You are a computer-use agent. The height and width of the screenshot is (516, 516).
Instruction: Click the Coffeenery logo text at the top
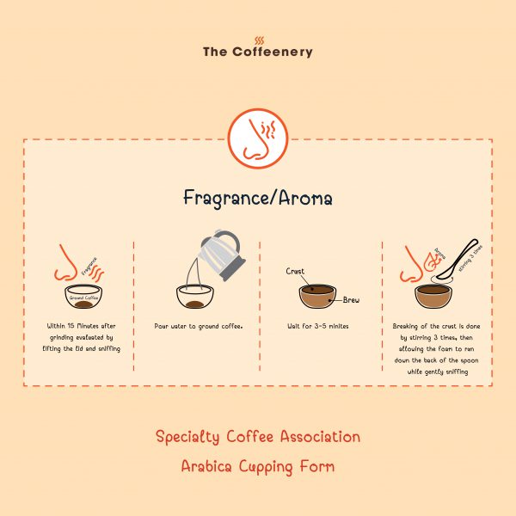coord(258,52)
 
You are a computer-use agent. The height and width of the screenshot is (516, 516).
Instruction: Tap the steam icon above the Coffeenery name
coord(258,39)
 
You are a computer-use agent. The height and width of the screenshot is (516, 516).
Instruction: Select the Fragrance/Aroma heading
coord(258,197)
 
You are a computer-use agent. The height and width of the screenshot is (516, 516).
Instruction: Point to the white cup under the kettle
coord(196,298)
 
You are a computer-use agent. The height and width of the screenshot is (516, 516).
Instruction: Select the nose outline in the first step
coord(65,269)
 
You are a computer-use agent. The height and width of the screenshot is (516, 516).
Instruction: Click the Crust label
coord(295,272)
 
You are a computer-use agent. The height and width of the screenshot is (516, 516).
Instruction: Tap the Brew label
coord(351,299)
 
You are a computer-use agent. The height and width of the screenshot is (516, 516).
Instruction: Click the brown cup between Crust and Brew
coord(319,295)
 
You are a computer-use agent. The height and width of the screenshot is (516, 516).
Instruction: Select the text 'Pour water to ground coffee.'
coord(199,327)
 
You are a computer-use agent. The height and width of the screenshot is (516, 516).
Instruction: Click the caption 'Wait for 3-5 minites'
coord(319,327)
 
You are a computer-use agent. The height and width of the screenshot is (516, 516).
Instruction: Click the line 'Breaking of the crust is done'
coord(435,327)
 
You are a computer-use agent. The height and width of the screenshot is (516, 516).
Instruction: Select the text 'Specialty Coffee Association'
coord(258,437)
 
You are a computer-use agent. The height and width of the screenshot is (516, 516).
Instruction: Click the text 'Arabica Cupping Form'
coord(258,467)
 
